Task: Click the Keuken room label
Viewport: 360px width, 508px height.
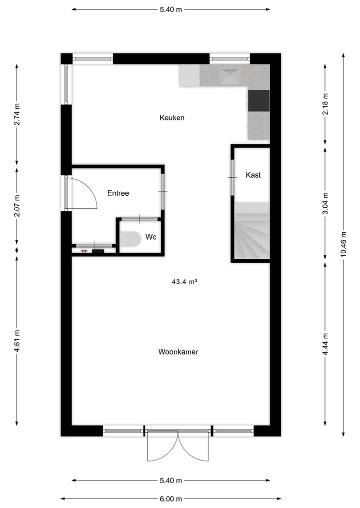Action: click(172, 118)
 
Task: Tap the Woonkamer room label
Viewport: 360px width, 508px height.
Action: click(178, 352)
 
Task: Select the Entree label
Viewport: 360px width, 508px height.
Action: click(118, 193)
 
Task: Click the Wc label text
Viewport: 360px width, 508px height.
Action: click(151, 237)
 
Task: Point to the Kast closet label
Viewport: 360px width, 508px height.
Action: click(253, 175)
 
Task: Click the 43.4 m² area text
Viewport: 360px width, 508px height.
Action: click(184, 282)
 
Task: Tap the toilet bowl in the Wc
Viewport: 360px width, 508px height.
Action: click(129, 239)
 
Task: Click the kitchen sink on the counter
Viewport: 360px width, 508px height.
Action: click(230, 76)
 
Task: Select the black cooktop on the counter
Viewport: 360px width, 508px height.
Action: click(258, 100)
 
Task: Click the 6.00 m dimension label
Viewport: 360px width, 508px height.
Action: click(171, 499)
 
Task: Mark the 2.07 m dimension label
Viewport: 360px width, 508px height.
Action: click(17, 207)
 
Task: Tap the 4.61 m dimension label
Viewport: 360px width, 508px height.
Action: click(17, 341)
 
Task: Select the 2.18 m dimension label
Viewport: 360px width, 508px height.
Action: click(325, 104)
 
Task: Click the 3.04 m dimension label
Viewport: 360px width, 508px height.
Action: click(325, 203)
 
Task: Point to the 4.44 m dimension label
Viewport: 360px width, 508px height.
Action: click(325, 344)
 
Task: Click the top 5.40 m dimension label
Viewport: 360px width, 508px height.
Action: click(171, 9)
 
